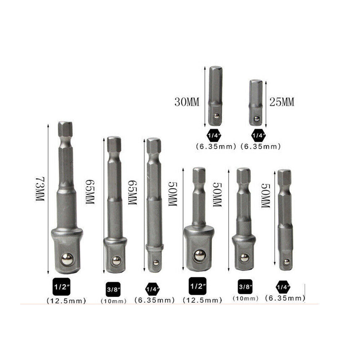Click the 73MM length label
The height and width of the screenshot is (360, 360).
(40, 189)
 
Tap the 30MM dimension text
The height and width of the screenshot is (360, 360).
(187, 102)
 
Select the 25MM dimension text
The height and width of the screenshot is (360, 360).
(282, 102)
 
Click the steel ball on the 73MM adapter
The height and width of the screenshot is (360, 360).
(67, 260)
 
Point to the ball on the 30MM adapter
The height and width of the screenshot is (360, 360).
(216, 116)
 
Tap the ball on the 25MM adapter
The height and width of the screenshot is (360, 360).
(257, 119)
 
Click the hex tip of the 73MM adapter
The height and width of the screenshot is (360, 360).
(65, 129)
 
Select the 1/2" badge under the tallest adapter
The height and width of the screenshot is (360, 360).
(62, 287)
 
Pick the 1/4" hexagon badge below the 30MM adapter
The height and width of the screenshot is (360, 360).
(214, 135)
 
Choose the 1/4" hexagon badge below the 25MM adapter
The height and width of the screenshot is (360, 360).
(259, 136)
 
